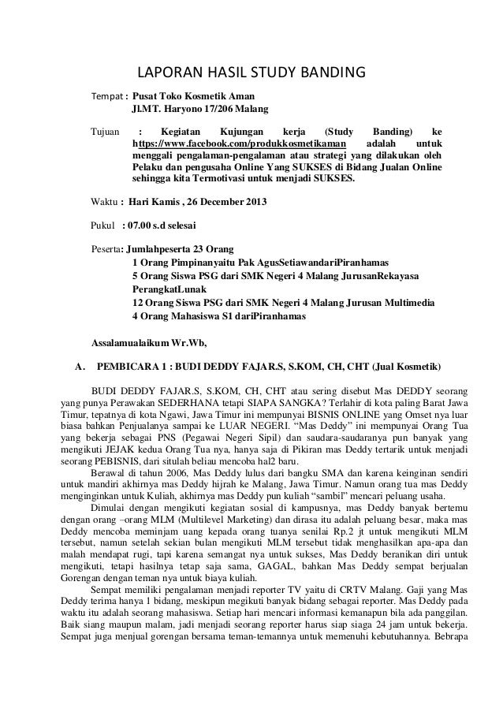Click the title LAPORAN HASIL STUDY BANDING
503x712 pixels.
(251, 74)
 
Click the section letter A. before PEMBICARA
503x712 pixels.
(78, 367)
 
